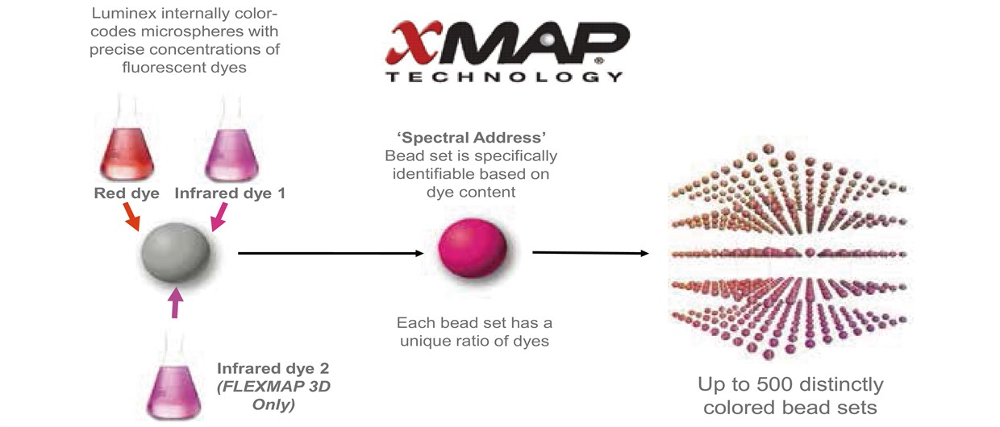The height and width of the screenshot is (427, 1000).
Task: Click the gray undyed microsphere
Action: point(176,252)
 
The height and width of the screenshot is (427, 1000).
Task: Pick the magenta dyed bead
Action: point(473,247)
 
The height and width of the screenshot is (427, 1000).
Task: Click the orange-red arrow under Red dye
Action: point(131,217)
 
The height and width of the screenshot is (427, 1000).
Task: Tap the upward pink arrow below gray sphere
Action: point(177,302)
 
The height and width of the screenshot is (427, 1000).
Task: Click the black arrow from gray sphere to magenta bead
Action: point(331,254)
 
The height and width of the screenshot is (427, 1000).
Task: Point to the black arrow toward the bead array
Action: point(590,253)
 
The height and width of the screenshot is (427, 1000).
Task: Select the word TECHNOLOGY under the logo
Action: point(504,77)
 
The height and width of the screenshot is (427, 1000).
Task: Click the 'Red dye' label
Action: point(127,193)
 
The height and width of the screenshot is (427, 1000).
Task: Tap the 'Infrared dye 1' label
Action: point(230,193)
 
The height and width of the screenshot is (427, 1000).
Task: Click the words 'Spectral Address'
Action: point(472,138)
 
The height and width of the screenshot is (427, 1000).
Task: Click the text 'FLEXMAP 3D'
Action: point(273,387)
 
